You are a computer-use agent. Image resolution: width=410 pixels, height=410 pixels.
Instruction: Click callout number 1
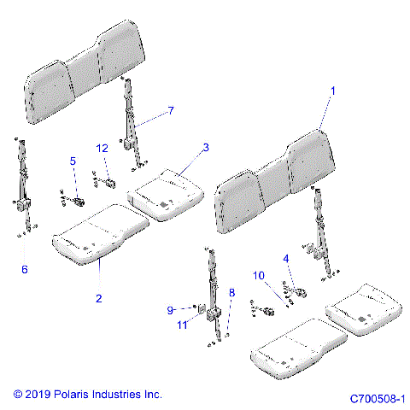(x=333, y=90)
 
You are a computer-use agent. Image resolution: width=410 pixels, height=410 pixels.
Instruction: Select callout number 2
(x=99, y=298)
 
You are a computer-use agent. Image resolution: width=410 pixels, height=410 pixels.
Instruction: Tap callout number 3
(x=206, y=148)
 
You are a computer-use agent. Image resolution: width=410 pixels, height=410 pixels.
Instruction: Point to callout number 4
(x=286, y=257)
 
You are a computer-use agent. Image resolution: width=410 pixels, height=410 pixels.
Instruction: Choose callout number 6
(x=24, y=269)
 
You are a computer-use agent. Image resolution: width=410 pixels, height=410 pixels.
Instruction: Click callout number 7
(x=170, y=111)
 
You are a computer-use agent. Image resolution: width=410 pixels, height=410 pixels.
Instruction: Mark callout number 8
(x=231, y=293)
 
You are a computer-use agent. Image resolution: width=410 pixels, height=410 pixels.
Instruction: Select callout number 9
(x=169, y=309)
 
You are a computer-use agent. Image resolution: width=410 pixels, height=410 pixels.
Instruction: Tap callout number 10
(x=259, y=275)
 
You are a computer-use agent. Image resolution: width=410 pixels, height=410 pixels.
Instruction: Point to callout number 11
(x=181, y=325)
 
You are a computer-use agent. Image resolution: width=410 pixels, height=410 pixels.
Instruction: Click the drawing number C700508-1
(x=377, y=398)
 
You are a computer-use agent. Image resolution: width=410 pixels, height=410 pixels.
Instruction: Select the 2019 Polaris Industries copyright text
(x=87, y=394)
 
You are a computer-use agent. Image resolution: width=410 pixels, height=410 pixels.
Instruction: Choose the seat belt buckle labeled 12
(x=109, y=180)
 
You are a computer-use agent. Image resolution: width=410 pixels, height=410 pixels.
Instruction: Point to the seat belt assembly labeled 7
(x=131, y=120)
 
